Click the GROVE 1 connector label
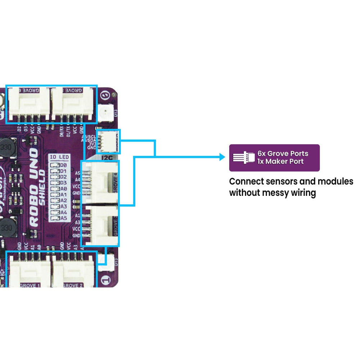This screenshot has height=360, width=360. [x=31, y=285]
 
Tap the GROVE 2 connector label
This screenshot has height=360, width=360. [x=73, y=285]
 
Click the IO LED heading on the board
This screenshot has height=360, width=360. [x=60, y=158]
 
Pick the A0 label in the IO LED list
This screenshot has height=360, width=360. [x=63, y=189]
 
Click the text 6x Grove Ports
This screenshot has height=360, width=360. [x=283, y=153]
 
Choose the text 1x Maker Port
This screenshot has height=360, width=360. [x=280, y=162]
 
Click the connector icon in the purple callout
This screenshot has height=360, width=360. [x=244, y=158]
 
